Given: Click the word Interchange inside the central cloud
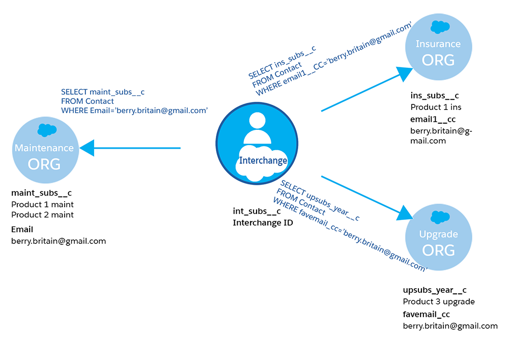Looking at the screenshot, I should click(263, 160).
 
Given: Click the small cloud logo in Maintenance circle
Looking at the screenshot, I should click(46, 130).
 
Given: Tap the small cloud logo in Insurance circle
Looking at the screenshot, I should click(438, 26).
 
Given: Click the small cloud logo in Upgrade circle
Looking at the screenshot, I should click(438, 217).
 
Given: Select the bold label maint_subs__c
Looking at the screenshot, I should click(41, 193).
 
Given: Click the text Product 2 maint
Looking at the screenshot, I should click(42, 215).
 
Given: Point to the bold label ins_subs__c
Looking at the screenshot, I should click(435, 96).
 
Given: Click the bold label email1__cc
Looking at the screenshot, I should click(433, 119).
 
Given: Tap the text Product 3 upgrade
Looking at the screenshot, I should click(439, 301).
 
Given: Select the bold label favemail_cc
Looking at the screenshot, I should click(426, 314).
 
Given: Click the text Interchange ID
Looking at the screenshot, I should click(263, 223).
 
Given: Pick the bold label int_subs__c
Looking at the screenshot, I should click(257, 211).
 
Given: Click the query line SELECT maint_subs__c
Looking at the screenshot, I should click(103, 92).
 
